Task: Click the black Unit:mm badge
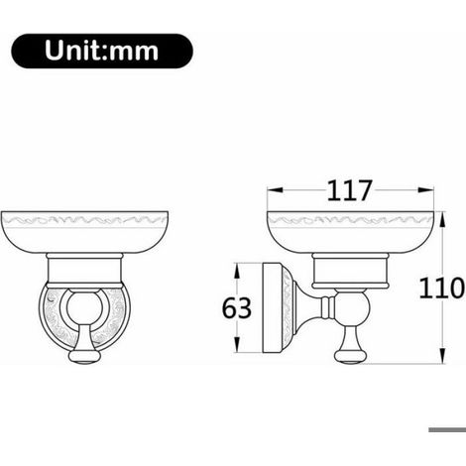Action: (102, 51)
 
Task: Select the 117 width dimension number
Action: (349, 190)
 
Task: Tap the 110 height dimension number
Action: (441, 289)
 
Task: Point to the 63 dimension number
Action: (237, 308)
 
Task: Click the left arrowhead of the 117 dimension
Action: (275, 190)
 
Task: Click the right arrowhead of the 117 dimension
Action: (425, 190)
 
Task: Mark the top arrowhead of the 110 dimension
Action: (443, 220)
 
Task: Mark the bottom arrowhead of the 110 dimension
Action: (443, 356)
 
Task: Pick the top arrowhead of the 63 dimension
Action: (237, 272)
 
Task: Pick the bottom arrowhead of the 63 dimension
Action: (237, 345)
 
